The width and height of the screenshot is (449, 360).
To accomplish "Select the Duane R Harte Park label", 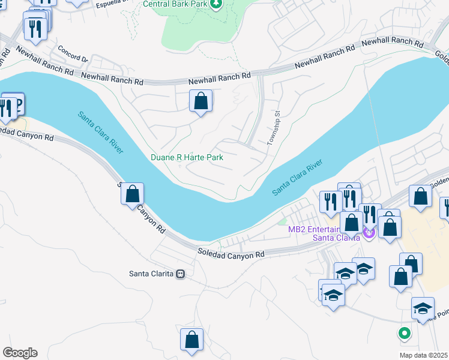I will [187, 157].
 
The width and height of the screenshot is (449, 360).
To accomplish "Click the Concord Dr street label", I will [73, 55].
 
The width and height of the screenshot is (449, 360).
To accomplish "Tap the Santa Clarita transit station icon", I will [179, 274].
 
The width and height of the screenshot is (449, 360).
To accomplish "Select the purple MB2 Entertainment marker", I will [369, 232].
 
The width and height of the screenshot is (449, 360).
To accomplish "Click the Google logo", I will [20, 353].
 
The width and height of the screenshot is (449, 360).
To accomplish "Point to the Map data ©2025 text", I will [423, 355].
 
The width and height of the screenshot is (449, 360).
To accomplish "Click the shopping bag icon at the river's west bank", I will [133, 194].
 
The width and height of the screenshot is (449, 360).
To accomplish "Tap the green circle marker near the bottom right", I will [405, 332].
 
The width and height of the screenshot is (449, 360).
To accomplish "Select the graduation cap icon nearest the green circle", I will [423, 308].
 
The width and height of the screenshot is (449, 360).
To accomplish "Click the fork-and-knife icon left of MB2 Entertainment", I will [330, 201].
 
